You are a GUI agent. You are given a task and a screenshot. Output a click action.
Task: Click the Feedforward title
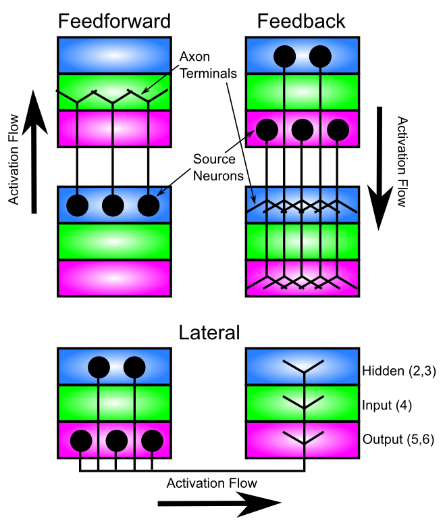pos(114,21)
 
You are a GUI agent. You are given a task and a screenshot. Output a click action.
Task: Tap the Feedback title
pos(301,21)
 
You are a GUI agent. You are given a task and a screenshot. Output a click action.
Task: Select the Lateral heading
pos(209,332)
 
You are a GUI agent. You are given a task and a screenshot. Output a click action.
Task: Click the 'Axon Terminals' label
pos(208,65)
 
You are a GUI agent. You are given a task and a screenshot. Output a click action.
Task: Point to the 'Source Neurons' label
pos(218,168)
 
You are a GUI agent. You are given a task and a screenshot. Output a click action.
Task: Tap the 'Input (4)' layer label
pos(387,405)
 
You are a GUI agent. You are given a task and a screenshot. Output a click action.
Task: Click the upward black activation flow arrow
pos(34,152)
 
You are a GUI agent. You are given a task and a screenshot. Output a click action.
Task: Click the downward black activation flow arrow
pos(379,168)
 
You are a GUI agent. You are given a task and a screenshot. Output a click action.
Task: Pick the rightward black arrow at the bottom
pos(219,503)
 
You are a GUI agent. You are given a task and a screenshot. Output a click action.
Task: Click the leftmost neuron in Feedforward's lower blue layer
pos(78,205)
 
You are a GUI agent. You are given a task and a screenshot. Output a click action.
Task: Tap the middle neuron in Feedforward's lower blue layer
pos(113,205)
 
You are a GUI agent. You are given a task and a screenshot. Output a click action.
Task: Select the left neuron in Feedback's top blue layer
pos(284,57)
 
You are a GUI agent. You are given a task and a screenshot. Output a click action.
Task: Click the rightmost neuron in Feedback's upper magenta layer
pos(338,130)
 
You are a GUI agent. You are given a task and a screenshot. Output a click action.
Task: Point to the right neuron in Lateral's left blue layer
pos(134,367)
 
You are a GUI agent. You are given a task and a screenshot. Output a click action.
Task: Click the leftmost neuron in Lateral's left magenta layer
pos(81,441)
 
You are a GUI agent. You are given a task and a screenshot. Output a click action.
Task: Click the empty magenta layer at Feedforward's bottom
pos(114,278)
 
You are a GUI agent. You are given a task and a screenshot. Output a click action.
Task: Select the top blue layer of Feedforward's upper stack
pos(114,55)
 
